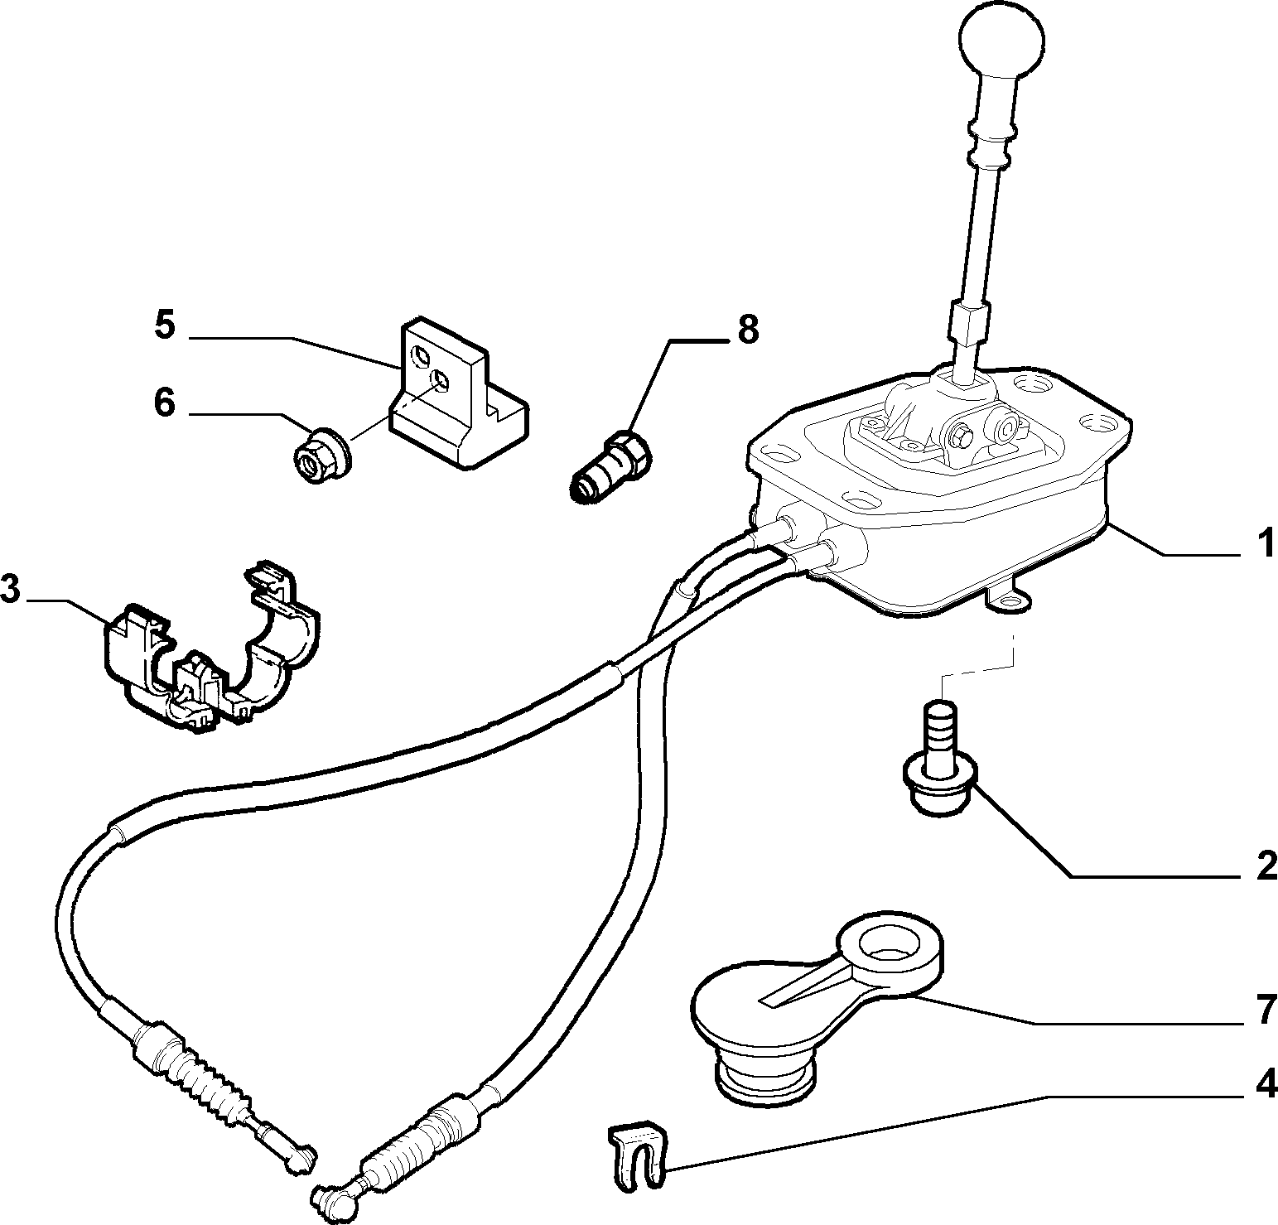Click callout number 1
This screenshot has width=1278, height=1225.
1263,547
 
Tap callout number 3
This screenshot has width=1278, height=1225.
10,590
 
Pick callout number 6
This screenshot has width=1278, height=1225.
165,404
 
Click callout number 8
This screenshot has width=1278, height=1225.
747,329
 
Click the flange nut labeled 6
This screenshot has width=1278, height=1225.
323,455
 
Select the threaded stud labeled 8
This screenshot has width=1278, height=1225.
610,467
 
